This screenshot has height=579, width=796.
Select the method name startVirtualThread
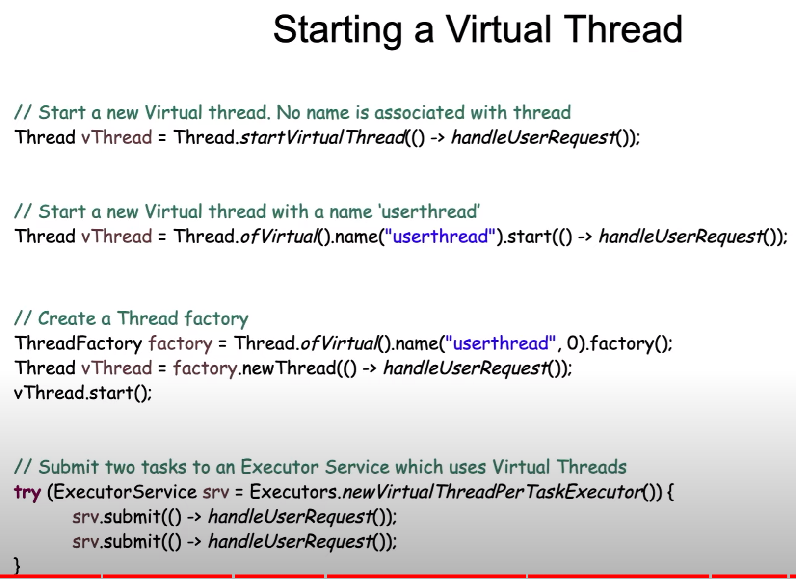click(322, 137)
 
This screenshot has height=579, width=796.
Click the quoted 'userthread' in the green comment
click(430, 211)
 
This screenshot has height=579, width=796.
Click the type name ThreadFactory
click(78, 343)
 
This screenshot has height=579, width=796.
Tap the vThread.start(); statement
click(83, 393)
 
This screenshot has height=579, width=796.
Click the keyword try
click(27, 493)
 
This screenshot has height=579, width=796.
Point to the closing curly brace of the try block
click(16, 565)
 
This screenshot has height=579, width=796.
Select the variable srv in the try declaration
click(216, 493)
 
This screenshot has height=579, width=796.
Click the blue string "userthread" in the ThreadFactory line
click(501, 343)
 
